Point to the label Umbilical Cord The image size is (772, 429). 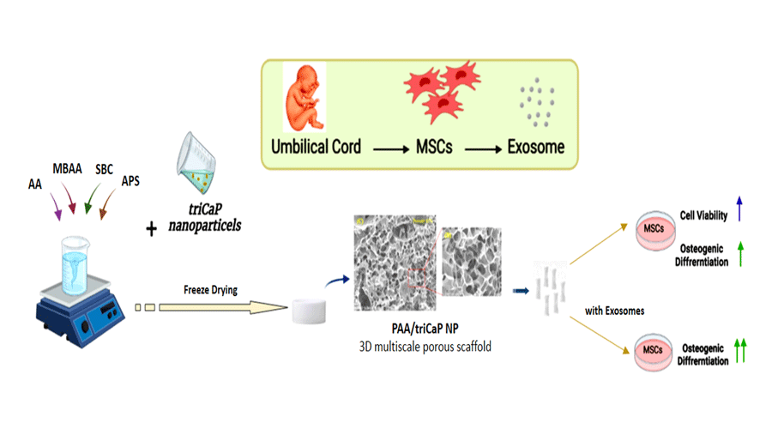click(317, 147)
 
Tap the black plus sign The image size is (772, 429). click(152, 229)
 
